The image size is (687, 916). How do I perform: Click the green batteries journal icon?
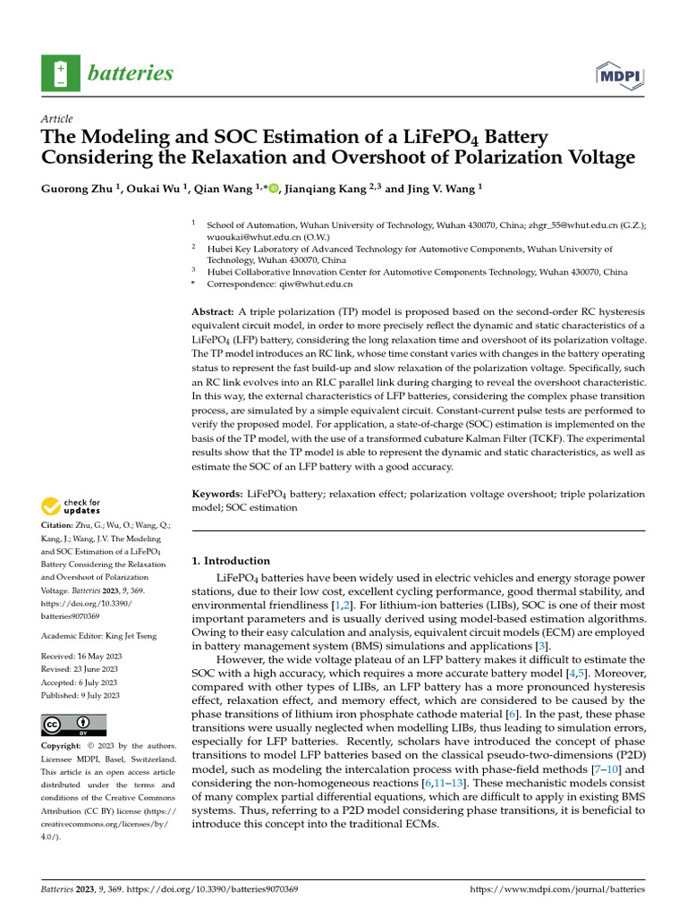click(60, 73)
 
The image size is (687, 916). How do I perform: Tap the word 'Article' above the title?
click(57, 119)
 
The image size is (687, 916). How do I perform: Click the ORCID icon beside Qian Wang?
click(273, 189)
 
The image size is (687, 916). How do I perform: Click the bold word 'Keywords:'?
click(218, 494)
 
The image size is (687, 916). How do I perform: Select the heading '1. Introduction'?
click(231, 561)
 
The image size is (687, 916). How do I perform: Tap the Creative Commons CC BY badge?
click(73, 725)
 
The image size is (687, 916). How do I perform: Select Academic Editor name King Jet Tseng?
click(132, 636)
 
